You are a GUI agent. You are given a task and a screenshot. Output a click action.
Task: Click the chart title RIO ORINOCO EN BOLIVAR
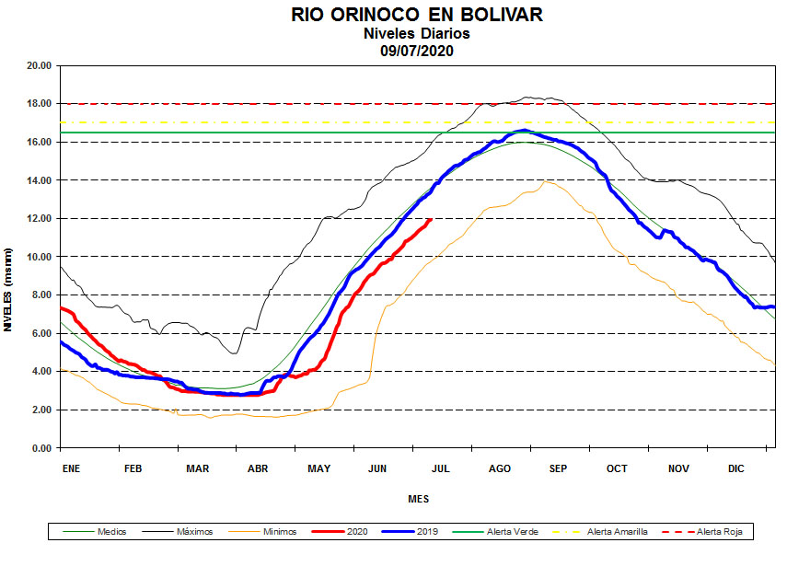coord(417,15)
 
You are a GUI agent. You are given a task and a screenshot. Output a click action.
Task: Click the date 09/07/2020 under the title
coord(417,50)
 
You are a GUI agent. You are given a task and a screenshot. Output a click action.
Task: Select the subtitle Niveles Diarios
coord(417,33)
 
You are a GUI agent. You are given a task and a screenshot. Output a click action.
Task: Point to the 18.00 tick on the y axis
coord(39,104)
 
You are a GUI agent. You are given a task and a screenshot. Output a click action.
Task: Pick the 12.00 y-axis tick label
coord(39,218)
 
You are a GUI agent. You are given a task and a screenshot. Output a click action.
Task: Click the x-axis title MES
coord(418,500)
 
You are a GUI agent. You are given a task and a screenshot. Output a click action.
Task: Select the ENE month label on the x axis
coord(71,468)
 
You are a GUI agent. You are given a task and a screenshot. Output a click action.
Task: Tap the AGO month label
coord(500,468)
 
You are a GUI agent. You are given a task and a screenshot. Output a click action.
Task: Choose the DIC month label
coord(735,468)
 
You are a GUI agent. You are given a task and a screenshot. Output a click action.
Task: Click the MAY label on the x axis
coord(318,468)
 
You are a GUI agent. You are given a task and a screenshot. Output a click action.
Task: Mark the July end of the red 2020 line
coord(430,219)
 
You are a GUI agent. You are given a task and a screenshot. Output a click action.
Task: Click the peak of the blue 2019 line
coord(524,131)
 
